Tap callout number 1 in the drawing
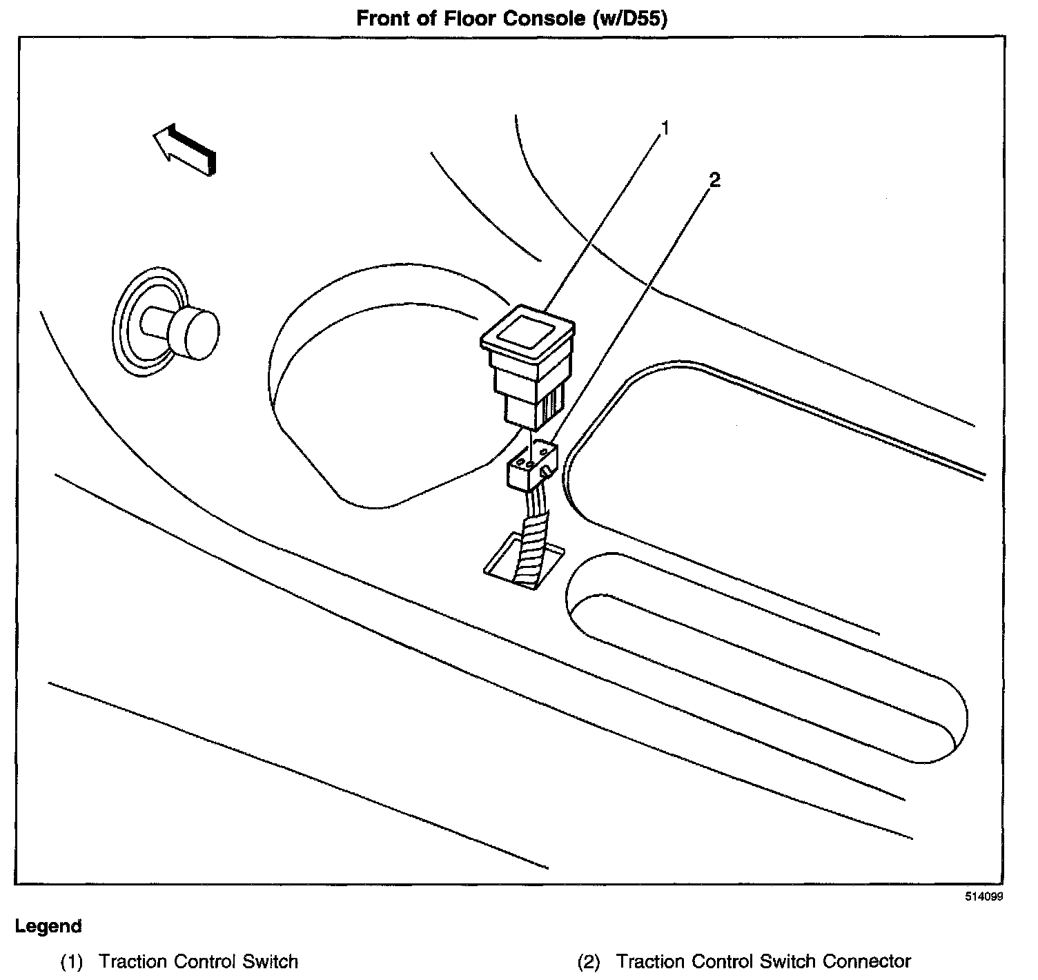tap(665, 128)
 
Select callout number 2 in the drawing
tap(714, 180)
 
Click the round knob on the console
tap(195, 333)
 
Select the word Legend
tap(48, 926)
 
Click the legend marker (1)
tap(71, 961)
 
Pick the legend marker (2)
tap(589, 961)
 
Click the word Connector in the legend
tap(868, 961)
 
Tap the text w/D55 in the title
tap(629, 19)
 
